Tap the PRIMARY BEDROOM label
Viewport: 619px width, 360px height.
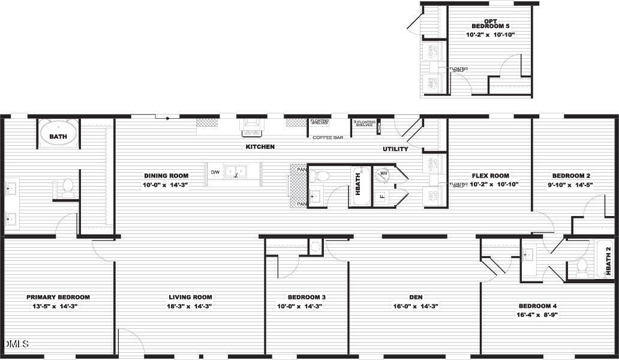pyautogui.click(x=58, y=297)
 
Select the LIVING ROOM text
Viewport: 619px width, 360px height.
pyautogui.click(x=190, y=297)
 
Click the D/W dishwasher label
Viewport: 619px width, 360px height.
pyautogui.click(x=215, y=172)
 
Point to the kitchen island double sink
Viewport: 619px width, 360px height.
pyautogui.click(x=236, y=172)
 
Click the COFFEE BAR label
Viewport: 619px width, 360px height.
pyautogui.click(x=328, y=138)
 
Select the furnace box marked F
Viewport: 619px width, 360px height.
pyautogui.click(x=381, y=196)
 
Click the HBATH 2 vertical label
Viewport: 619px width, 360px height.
pyautogui.click(x=608, y=259)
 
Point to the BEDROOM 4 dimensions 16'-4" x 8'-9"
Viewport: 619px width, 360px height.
pyautogui.click(x=537, y=314)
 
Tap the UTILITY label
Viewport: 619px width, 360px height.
pyautogui.click(x=395, y=149)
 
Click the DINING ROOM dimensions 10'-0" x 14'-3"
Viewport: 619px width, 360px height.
pyautogui.click(x=166, y=185)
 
